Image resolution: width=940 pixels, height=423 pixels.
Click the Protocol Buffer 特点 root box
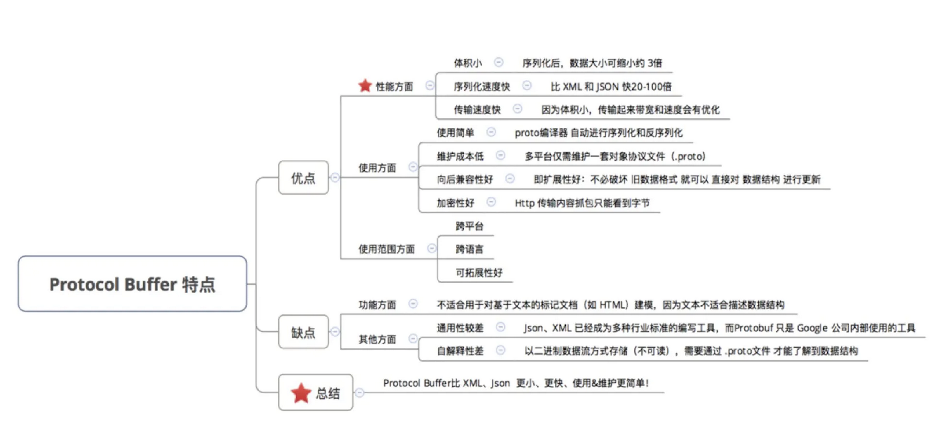[132, 284]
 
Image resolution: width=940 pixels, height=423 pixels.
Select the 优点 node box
[303, 178]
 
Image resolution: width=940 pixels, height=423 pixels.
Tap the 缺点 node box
[303, 332]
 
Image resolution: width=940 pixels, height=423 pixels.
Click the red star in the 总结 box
[301, 393]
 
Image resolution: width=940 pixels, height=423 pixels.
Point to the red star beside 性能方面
[365, 86]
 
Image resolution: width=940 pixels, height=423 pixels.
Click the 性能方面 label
[394, 87]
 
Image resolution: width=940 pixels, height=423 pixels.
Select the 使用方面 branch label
[377, 168]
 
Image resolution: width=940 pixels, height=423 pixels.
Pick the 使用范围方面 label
[386, 249]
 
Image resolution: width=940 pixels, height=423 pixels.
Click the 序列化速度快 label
[482, 87]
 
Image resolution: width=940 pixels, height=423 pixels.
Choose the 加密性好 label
[455, 203]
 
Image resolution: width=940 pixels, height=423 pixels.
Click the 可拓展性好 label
[479, 272]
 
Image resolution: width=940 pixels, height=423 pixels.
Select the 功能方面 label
[377, 305]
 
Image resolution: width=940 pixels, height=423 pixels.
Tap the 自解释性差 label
[460, 351]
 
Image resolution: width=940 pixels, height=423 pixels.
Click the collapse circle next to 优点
[335, 178]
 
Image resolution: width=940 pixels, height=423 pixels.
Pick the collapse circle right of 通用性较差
[501, 327]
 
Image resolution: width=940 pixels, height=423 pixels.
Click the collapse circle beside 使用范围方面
[432, 248]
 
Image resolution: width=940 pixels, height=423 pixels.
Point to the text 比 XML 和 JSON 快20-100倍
[611, 87]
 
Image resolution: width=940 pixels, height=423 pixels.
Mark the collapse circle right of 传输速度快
[517, 109]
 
